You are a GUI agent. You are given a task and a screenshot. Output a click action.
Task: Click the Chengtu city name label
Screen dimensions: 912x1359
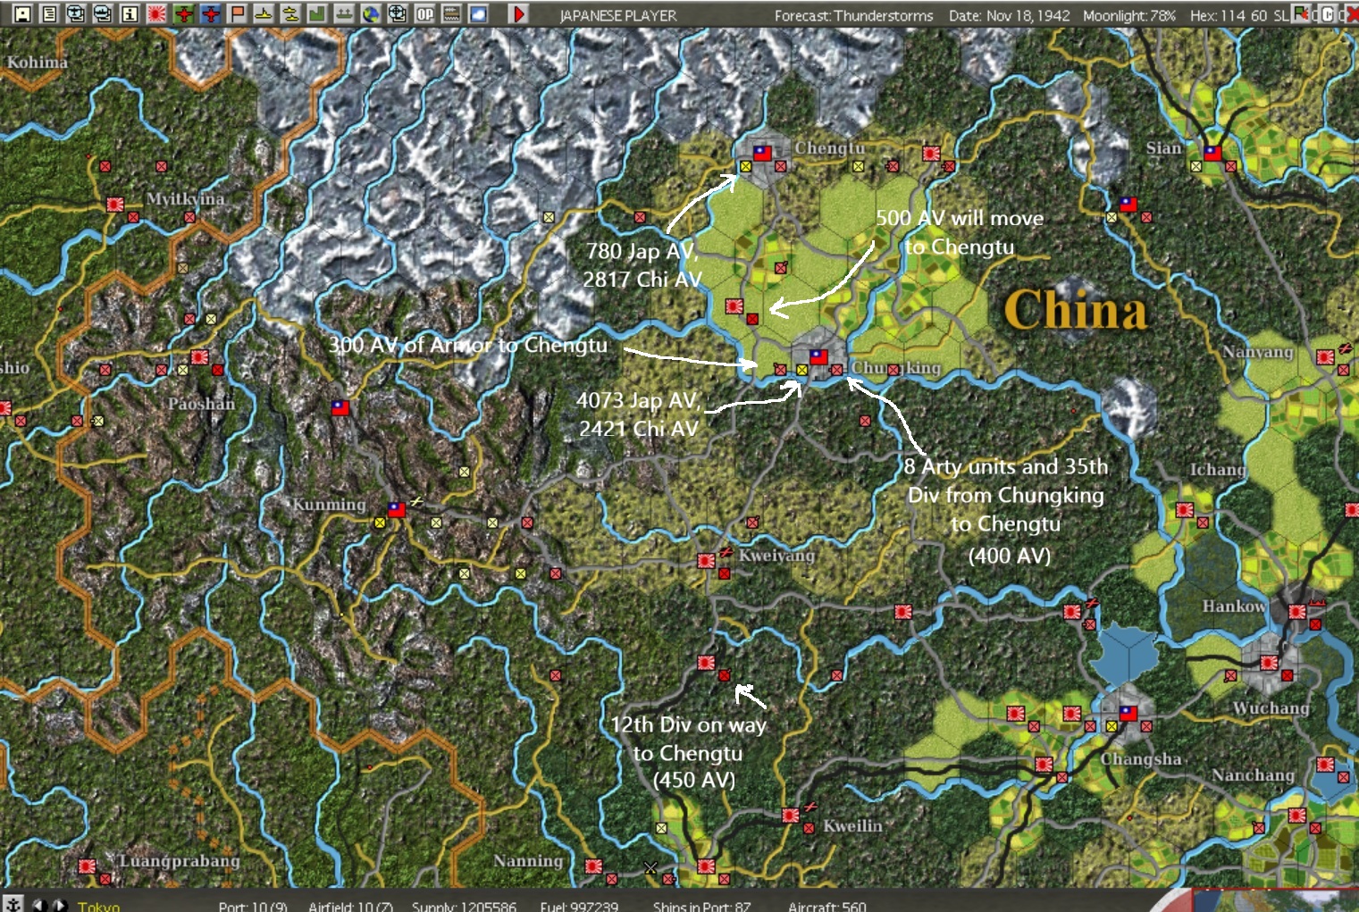tap(829, 147)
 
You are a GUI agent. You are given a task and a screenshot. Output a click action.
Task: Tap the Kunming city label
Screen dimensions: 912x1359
tap(329, 505)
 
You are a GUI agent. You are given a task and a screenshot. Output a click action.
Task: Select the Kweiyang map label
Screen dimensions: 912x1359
tap(776, 555)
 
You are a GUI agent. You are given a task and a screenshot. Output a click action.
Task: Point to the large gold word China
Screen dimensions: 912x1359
tap(1076, 311)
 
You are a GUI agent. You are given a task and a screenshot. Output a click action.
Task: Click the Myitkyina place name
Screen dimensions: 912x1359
tap(185, 198)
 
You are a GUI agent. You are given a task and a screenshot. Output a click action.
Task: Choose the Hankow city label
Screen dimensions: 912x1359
tap(1233, 606)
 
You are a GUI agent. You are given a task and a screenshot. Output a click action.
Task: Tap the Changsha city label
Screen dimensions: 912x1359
tap(1140, 759)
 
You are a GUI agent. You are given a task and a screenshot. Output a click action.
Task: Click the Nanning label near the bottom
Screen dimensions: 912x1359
tap(528, 861)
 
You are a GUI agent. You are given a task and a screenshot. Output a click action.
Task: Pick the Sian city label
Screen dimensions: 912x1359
tap(1163, 147)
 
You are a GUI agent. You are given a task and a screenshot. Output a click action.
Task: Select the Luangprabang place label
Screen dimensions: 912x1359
tap(179, 861)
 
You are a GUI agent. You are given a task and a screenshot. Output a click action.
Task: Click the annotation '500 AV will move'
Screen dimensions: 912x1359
tap(959, 219)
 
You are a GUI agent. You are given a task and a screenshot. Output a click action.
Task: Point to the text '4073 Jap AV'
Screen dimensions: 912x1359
tap(637, 400)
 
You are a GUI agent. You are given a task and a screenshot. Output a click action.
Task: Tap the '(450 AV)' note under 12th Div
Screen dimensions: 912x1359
tap(693, 780)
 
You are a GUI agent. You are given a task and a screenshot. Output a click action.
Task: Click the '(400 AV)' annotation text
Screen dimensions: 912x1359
tap(1009, 556)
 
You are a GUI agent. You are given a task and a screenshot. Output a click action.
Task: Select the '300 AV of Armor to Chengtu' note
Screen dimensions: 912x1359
tap(467, 345)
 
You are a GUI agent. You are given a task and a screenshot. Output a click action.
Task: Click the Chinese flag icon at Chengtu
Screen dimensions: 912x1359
tap(762, 153)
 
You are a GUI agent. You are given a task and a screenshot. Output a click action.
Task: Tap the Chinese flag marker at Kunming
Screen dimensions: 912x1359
tap(396, 509)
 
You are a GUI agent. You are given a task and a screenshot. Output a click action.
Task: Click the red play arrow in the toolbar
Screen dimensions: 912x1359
tap(518, 14)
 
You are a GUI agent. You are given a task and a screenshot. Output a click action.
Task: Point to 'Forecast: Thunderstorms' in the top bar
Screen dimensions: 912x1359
tap(853, 15)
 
